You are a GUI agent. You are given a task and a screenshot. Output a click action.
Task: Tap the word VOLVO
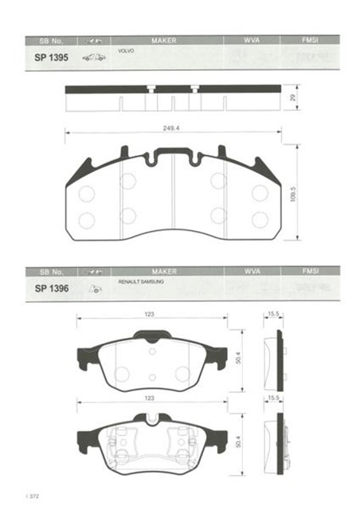(x=126, y=50)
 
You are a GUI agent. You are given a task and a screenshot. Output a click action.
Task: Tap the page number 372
(x=33, y=497)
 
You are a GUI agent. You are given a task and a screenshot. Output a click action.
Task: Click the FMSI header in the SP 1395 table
(x=311, y=39)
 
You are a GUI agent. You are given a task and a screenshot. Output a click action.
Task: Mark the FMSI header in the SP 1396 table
(x=311, y=272)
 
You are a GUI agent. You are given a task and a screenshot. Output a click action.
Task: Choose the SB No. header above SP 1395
(x=49, y=39)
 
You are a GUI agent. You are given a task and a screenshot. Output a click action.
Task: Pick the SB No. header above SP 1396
(x=49, y=272)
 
